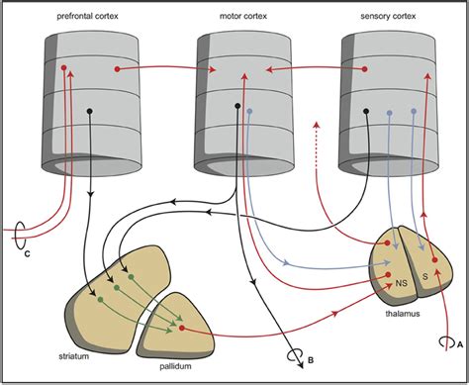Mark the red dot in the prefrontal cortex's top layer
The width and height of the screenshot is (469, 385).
[65, 68]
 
